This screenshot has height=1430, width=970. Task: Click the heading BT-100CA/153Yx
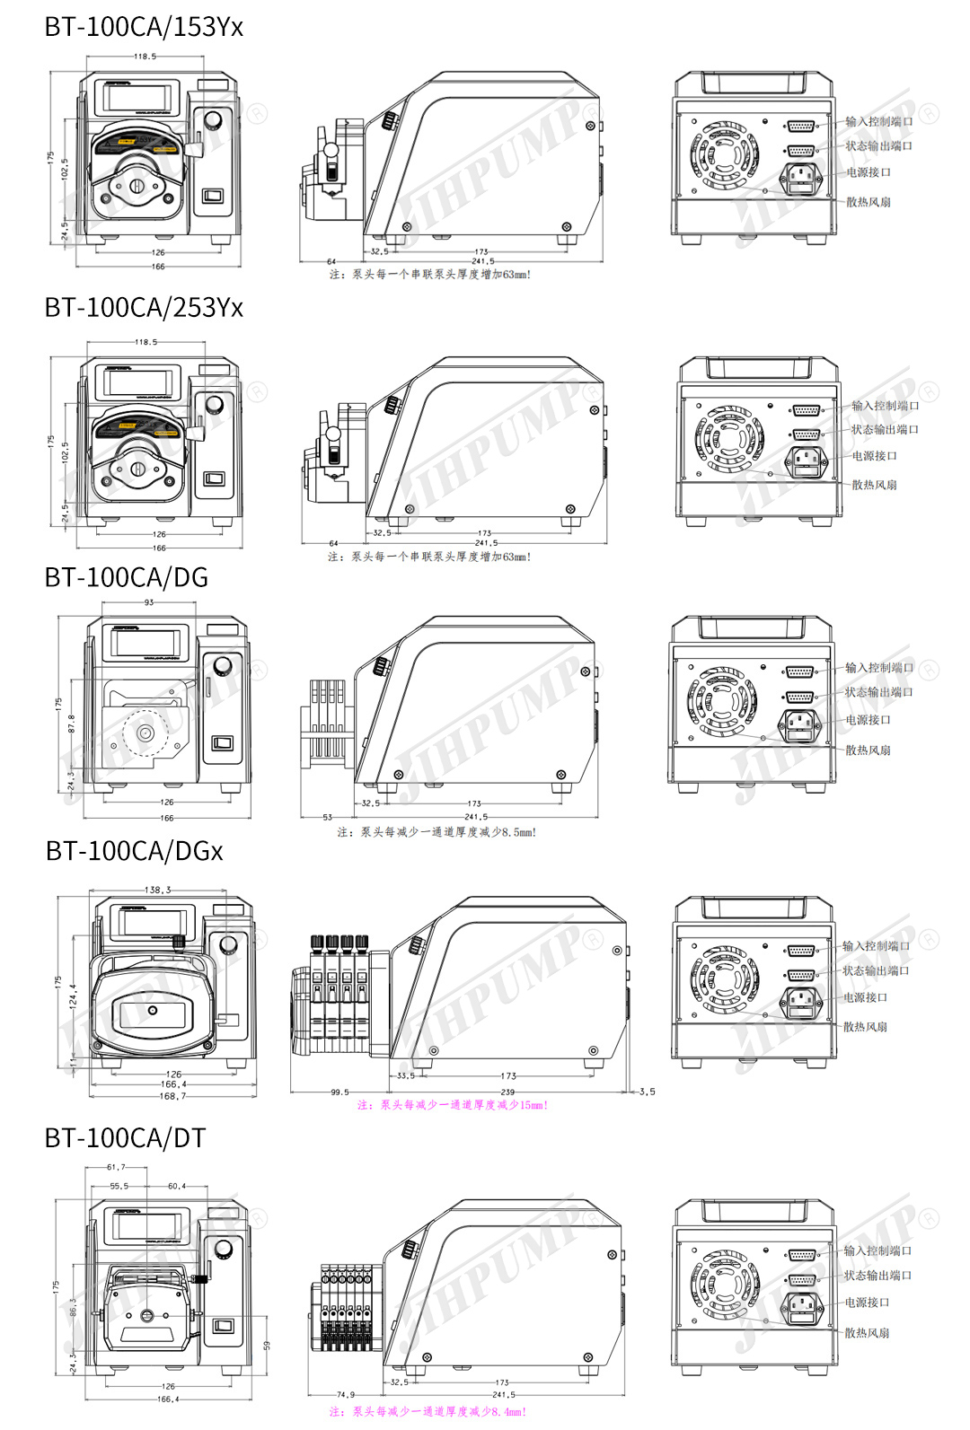coord(144,27)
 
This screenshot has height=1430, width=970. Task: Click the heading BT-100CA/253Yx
coord(144,308)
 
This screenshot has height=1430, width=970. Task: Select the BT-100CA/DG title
coord(127,577)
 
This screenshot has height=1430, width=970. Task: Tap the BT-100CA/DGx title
coord(135,851)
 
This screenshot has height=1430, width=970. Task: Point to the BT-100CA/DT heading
coord(126,1138)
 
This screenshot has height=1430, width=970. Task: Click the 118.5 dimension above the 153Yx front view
coord(145,57)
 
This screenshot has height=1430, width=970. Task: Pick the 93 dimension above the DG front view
coord(149,602)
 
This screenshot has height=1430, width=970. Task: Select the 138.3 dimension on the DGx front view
coord(157,890)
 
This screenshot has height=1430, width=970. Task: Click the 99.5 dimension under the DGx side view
coord(339,1092)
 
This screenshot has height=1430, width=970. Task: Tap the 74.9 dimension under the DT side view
coord(346,1395)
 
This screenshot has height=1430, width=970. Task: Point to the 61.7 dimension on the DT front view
coord(116,1168)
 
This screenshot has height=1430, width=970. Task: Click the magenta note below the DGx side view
coord(453,1105)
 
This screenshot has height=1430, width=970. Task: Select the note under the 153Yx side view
coord(430,275)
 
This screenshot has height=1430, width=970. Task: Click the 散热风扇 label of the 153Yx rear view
coord(869,202)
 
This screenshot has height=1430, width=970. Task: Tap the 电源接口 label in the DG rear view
coord(868,720)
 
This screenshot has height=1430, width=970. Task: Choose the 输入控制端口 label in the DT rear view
coord(877,1250)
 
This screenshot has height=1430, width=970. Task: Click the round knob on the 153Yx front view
coord(213,120)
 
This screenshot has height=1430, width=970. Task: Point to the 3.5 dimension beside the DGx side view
coord(647,1092)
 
